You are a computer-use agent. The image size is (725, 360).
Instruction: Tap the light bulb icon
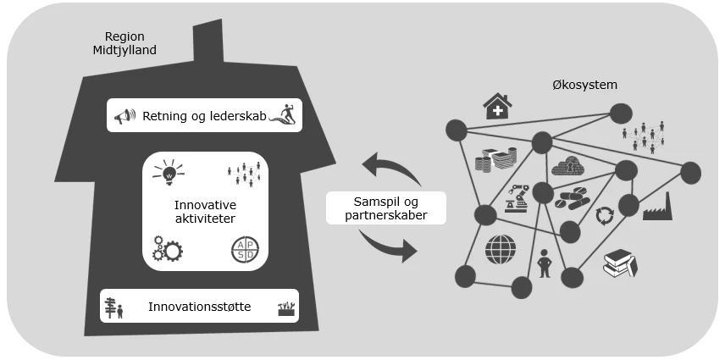[x=168, y=172]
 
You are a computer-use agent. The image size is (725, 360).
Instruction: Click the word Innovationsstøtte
[x=199, y=307]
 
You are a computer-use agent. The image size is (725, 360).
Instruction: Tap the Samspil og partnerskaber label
[x=385, y=208]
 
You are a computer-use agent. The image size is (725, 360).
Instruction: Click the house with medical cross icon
[x=497, y=107]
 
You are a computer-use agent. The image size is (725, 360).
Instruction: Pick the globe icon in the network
[x=501, y=249]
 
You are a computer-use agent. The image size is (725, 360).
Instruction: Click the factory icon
[x=657, y=207]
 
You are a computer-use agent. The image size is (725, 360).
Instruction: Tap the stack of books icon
[x=620, y=265]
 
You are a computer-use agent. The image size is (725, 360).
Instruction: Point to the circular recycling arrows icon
[x=604, y=215]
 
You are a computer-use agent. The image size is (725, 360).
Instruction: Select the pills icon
[x=570, y=199]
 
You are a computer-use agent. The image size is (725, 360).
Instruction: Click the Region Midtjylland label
[x=125, y=43]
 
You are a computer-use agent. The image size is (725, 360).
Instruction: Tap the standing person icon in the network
[x=544, y=261]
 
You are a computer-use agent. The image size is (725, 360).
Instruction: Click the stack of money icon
[x=495, y=161]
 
